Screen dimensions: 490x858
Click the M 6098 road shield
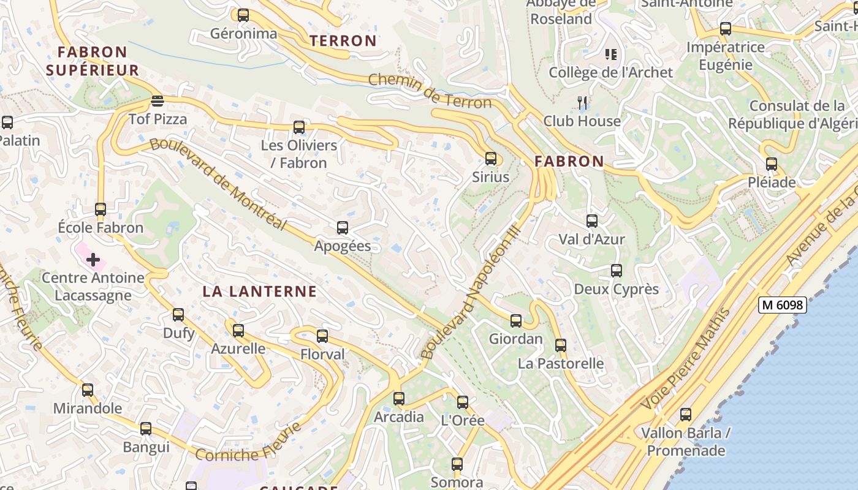[x=782, y=305]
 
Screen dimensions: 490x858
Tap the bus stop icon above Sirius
[x=491, y=159]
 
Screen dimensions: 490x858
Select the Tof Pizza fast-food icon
[x=158, y=101]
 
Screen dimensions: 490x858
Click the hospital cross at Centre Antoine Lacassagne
[x=93, y=260]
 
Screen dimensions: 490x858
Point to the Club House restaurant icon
[x=582, y=103]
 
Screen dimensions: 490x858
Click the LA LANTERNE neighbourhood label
[x=260, y=292]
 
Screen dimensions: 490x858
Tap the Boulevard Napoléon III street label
[x=471, y=293]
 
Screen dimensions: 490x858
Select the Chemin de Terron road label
[x=430, y=91]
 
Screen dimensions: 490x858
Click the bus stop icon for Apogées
[x=343, y=228]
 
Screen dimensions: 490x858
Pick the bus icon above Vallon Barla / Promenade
[x=686, y=415]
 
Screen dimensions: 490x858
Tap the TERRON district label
[x=343, y=41]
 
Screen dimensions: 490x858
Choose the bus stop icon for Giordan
[x=516, y=320]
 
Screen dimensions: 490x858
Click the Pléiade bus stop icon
[x=772, y=164]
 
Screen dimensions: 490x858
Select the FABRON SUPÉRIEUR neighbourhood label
[x=93, y=61]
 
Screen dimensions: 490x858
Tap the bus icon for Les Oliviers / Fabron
[x=299, y=127]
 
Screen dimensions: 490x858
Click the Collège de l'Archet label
[x=610, y=72]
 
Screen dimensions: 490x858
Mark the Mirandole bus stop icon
[x=88, y=390]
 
